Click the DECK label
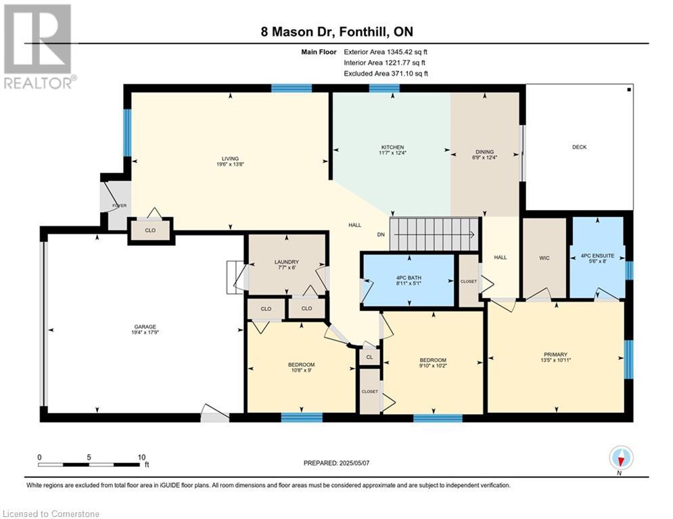579,147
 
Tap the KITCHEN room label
393,147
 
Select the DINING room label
484,152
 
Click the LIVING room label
230,159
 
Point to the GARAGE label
145,327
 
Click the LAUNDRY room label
287,262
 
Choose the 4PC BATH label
409,278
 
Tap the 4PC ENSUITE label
597,255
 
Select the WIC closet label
544,258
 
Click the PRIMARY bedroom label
555,355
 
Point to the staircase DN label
381,234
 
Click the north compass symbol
621,458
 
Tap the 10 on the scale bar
141,458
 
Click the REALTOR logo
39,47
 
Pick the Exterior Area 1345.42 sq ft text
386,52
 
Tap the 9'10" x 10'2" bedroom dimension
433,366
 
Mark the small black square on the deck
629,90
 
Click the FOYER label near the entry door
119,205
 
